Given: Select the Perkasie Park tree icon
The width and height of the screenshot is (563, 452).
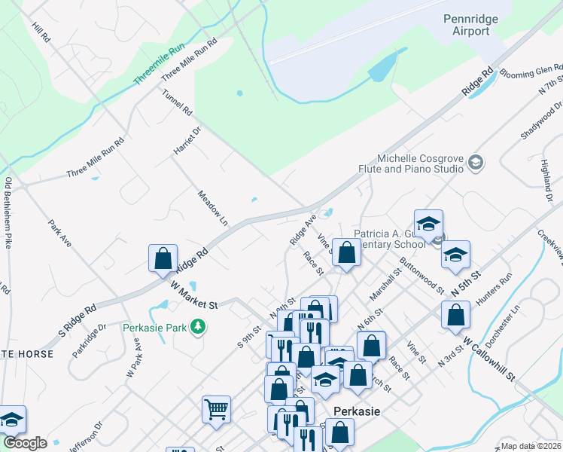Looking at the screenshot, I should (x=198, y=327).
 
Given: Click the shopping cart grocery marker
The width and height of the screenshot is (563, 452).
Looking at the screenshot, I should (x=216, y=409).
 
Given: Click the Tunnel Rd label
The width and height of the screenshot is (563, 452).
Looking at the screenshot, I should (x=178, y=102).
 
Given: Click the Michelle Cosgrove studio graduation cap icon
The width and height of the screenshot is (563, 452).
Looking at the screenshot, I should (x=475, y=162).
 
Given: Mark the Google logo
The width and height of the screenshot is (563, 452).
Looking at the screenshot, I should (x=25, y=443).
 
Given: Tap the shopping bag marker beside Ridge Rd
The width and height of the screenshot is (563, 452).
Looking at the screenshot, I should (x=163, y=258).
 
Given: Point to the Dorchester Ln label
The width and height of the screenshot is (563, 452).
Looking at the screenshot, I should (x=503, y=325).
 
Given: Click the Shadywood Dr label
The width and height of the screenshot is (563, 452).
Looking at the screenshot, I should (x=541, y=120).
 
